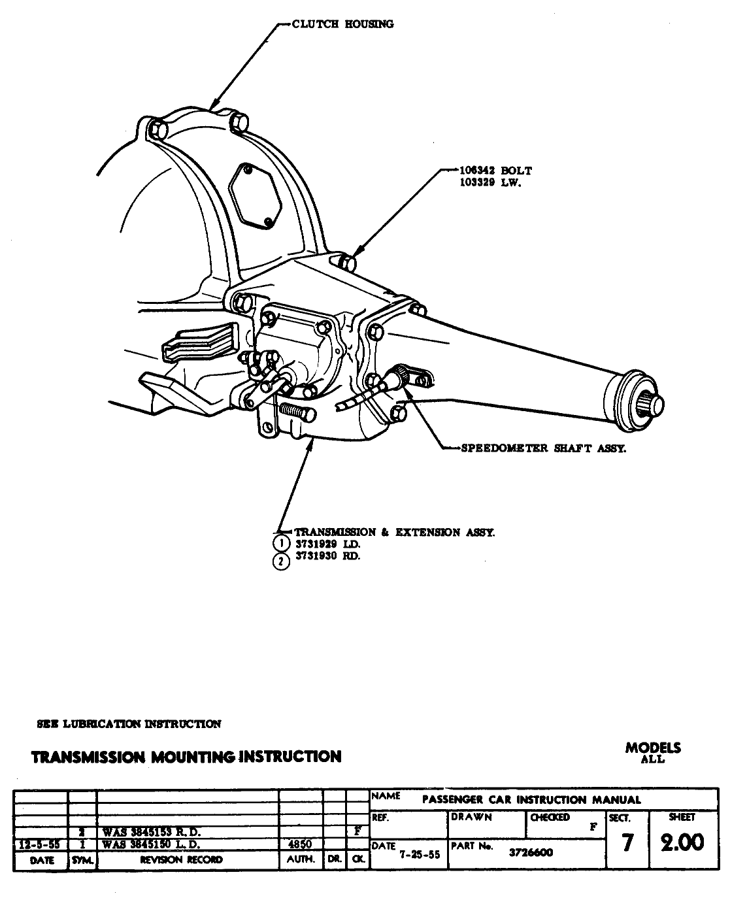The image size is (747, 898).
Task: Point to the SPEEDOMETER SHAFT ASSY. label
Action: pos(543,448)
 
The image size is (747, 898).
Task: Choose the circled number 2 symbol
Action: pos(281,561)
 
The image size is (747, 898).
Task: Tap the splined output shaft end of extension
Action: pos(654,405)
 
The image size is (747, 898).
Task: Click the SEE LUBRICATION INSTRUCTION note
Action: pos(129,724)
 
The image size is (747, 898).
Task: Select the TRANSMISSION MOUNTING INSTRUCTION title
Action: pos(186,757)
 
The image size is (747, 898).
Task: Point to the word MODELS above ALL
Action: pos(652,748)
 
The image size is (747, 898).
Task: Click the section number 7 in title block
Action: pos(627,843)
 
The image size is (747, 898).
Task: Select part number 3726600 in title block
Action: pos(531,852)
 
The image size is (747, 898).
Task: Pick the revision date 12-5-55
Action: pos(41,844)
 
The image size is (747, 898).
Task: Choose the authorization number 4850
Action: pos(301,844)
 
